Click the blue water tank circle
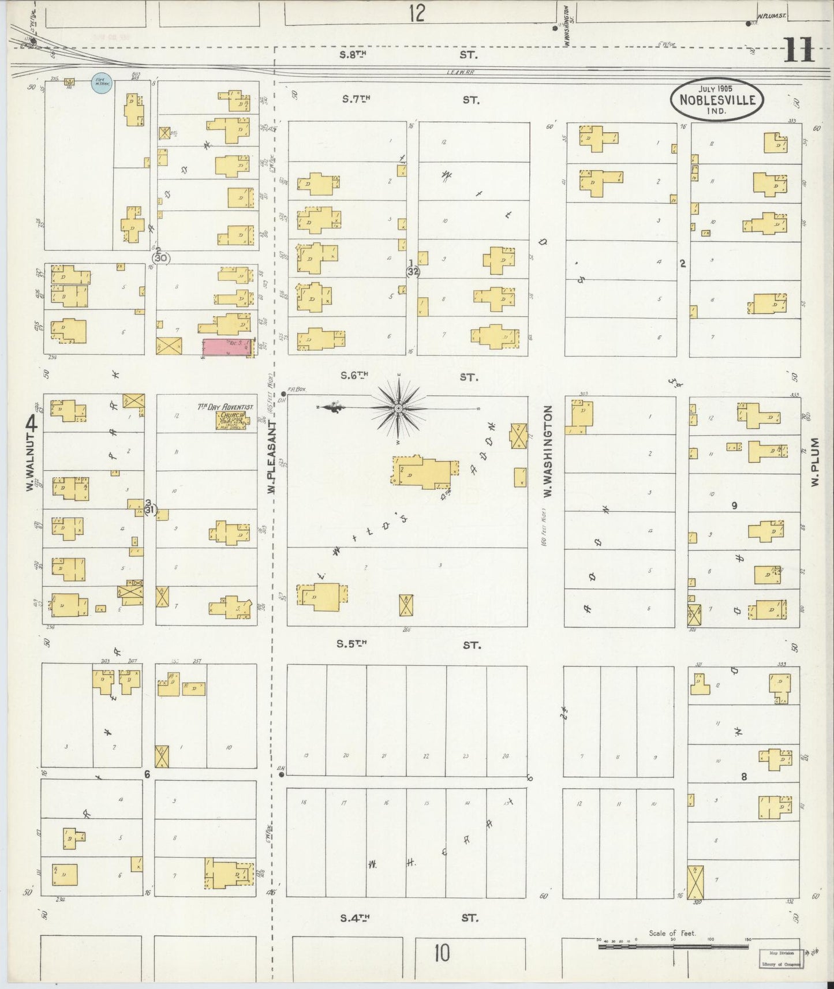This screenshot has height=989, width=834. point(102,84)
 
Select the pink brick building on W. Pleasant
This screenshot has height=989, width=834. point(227,347)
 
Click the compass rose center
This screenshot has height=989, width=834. point(398,408)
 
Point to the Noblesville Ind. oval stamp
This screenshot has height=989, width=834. point(717,99)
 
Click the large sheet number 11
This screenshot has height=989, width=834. point(799,50)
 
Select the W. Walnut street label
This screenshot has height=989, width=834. point(31,456)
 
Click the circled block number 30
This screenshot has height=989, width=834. point(161,258)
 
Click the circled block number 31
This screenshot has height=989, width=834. point(150,510)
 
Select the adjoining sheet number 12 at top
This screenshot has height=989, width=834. point(416,13)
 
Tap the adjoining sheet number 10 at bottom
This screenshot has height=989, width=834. point(442,953)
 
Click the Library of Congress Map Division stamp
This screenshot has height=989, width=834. point(779,959)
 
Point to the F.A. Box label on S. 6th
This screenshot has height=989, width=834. point(298,389)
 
